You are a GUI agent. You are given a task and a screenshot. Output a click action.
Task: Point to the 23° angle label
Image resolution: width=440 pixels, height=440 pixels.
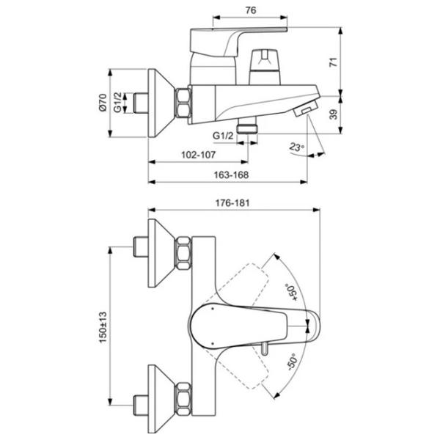pos(297,147)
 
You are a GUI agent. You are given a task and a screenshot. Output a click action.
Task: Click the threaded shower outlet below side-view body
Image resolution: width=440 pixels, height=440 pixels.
pos(253,125)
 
